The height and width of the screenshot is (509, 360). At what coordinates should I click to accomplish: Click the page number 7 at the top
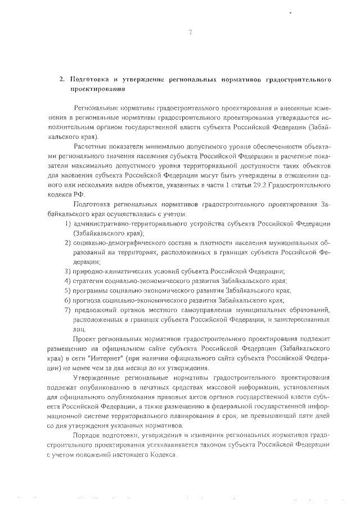(191, 31)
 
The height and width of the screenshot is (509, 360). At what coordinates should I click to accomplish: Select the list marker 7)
(66, 309)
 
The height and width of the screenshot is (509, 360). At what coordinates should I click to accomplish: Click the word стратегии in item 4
(89, 281)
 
